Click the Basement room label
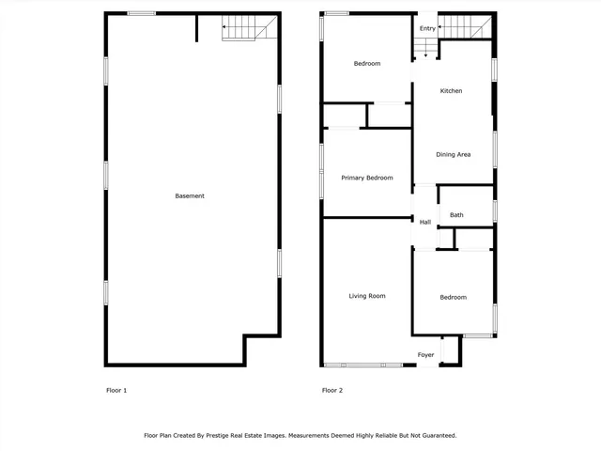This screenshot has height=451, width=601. (x=190, y=195)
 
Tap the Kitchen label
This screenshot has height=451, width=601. (x=451, y=91)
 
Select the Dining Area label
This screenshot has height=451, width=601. (x=453, y=154)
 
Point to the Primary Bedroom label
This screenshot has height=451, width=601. (x=366, y=178)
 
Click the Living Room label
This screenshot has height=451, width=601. (x=367, y=296)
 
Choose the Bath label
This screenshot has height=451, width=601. (x=456, y=215)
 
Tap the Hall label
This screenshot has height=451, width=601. (x=425, y=222)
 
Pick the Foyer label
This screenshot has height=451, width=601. (x=426, y=355)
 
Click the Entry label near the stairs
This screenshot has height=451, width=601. (x=427, y=28)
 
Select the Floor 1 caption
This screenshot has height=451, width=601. (x=118, y=390)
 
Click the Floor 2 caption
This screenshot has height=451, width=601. (x=332, y=390)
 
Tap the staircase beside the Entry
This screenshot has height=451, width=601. (x=466, y=27)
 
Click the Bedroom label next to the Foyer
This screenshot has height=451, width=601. (x=453, y=297)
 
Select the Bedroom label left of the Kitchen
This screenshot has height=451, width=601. (x=367, y=63)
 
